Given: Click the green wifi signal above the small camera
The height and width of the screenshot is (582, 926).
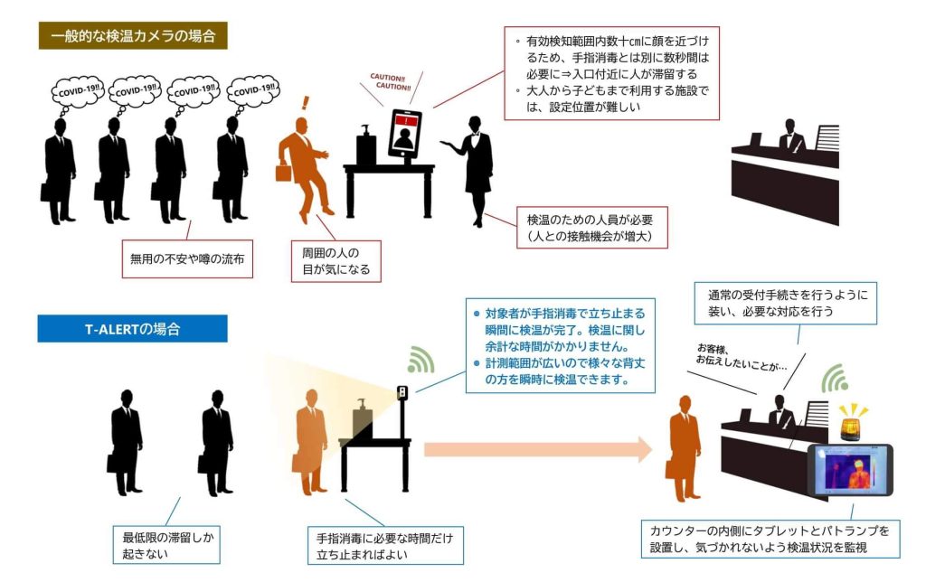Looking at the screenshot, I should pyautogui.click(x=420, y=360).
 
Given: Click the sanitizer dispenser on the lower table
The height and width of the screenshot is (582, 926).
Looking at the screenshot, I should pyautogui.click(x=364, y=417).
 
